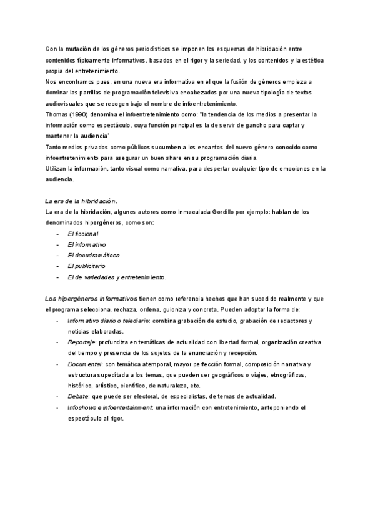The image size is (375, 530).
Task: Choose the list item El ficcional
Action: [x=83, y=234]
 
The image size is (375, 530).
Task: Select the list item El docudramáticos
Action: [x=94, y=256]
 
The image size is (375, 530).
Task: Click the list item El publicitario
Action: [x=86, y=266]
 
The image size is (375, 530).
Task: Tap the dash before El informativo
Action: [x=57, y=244]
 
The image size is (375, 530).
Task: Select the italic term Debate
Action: [x=78, y=397]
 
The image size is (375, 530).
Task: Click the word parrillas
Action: [x=93, y=92]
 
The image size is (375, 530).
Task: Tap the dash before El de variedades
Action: [x=57, y=277]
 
